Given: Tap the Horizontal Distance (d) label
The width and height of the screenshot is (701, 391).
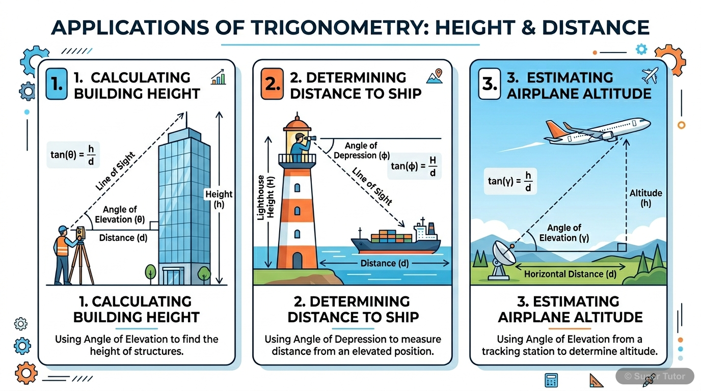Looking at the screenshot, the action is click(570, 274).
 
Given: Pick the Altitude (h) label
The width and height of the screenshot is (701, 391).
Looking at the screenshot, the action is click(645, 198).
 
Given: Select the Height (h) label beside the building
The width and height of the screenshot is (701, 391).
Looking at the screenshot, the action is click(219, 199).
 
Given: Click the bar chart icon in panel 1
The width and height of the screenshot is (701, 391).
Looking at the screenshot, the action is click(218, 78).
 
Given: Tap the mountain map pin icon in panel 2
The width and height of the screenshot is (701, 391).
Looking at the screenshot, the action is click(434, 76).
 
